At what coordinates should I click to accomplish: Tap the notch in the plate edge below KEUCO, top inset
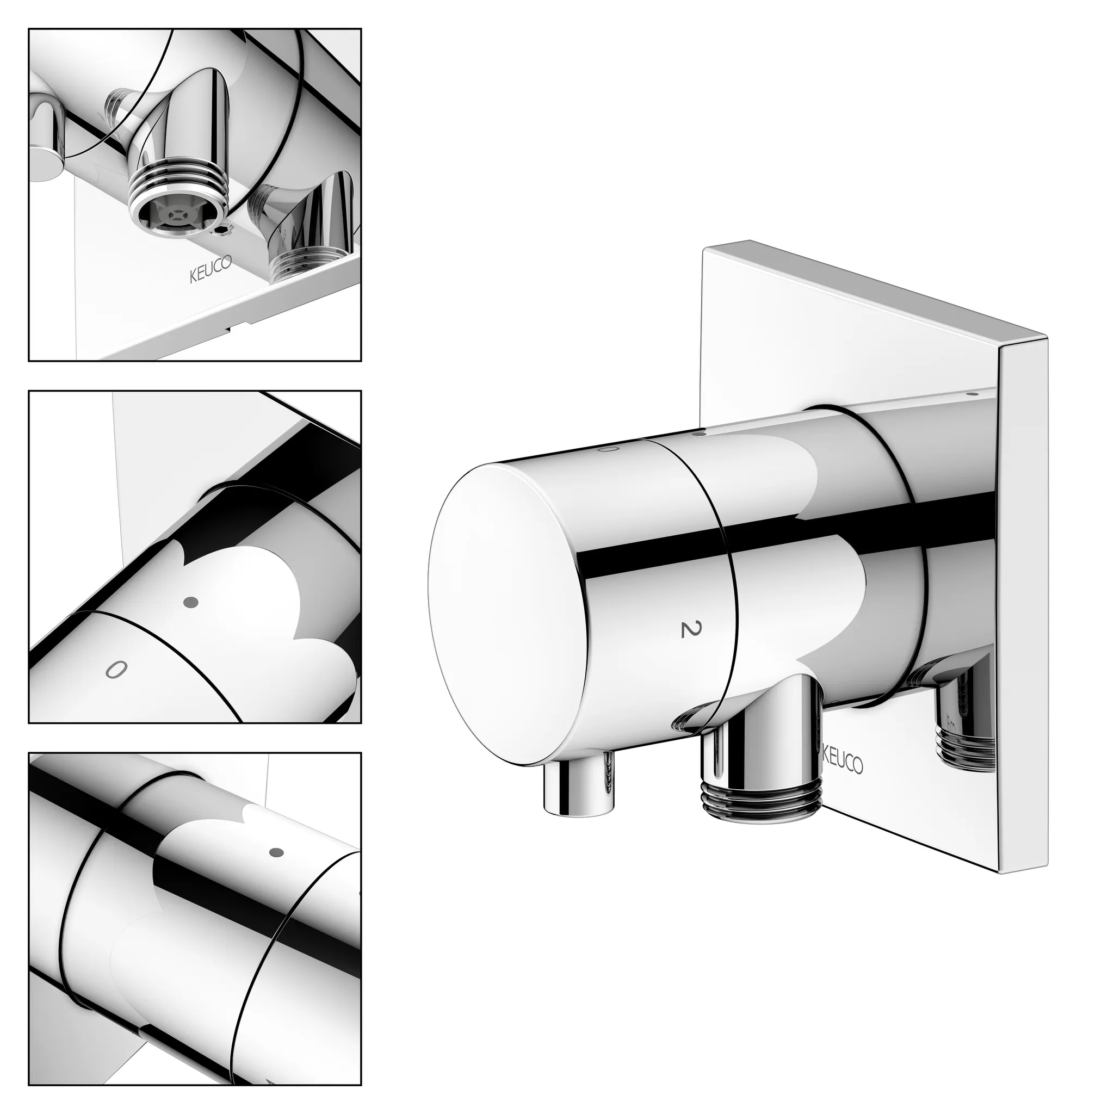tap(231, 330)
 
